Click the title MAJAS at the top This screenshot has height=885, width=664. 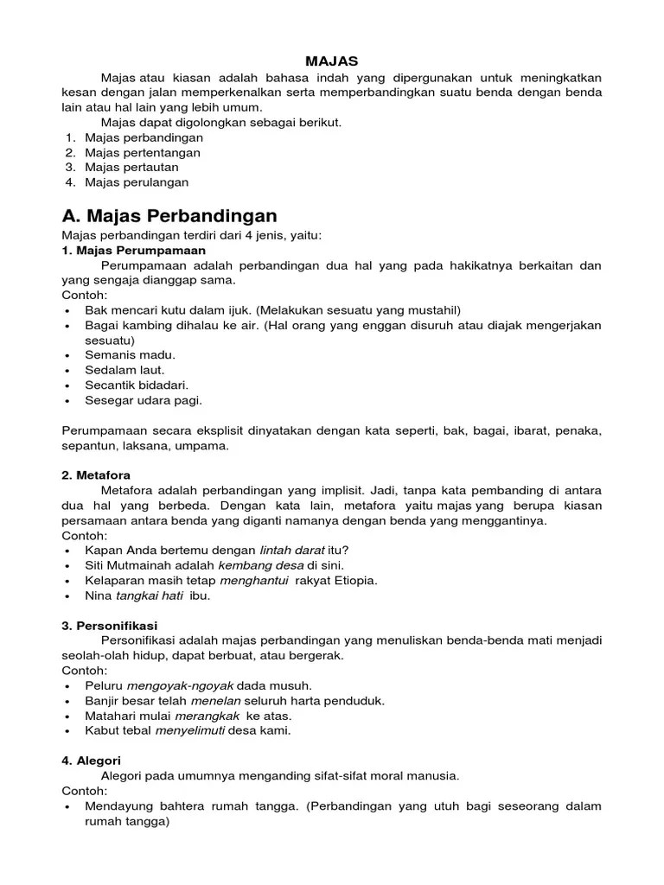pyautogui.click(x=332, y=61)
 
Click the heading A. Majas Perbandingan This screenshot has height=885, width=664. pyautogui.click(x=169, y=215)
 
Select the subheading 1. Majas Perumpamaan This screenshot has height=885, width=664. pyautogui.click(x=133, y=251)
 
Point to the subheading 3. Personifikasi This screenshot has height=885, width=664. pyautogui.click(x=110, y=625)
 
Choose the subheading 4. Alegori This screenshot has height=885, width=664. pyautogui.click(x=93, y=761)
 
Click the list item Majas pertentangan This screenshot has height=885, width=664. pyautogui.click(x=143, y=153)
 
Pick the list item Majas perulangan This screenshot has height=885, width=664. pyautogui.click(x=137, y=182)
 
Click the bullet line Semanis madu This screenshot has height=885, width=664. pyautogui.click(x=130, y=355)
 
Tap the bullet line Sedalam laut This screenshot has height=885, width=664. pyautogui.click(x=124, y=370)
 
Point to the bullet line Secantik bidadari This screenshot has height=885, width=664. pyautogui.click(x=137, y=385)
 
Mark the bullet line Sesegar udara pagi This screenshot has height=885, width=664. pyautogui.click(x=144, y=400)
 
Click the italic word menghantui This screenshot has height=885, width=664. pyautogui.click(x=254, y=580)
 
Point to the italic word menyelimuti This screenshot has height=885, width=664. pyautogui.click(x=190, y=730)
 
